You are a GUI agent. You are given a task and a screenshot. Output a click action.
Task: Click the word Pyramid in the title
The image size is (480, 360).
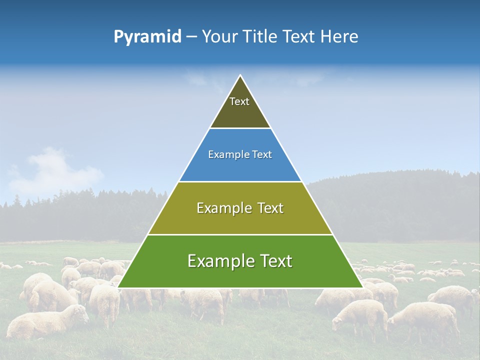click(x=147, y=37)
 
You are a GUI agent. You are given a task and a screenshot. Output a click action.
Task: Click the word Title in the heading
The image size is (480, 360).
click(x=260, y=37)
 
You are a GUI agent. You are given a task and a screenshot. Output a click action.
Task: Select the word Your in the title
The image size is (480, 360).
click(x=219, y=37)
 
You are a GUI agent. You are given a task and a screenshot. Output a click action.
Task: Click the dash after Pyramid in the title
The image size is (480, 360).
click(x=191, y=37)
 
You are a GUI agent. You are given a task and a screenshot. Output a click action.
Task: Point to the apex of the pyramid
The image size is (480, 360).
click(x=240, y=76)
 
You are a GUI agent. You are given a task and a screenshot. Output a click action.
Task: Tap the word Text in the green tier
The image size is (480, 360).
click(x=272, y=261)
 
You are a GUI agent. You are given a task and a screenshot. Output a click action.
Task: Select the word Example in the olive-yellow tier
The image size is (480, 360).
click(x=222, y=208)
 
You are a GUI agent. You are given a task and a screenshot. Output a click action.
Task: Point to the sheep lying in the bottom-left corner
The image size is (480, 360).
click(x=45, y=322)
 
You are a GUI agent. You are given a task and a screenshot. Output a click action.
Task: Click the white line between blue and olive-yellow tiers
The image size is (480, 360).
click(x=240, y=181)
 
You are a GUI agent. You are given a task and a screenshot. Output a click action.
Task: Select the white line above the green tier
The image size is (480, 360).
click(x=240, y=234)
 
